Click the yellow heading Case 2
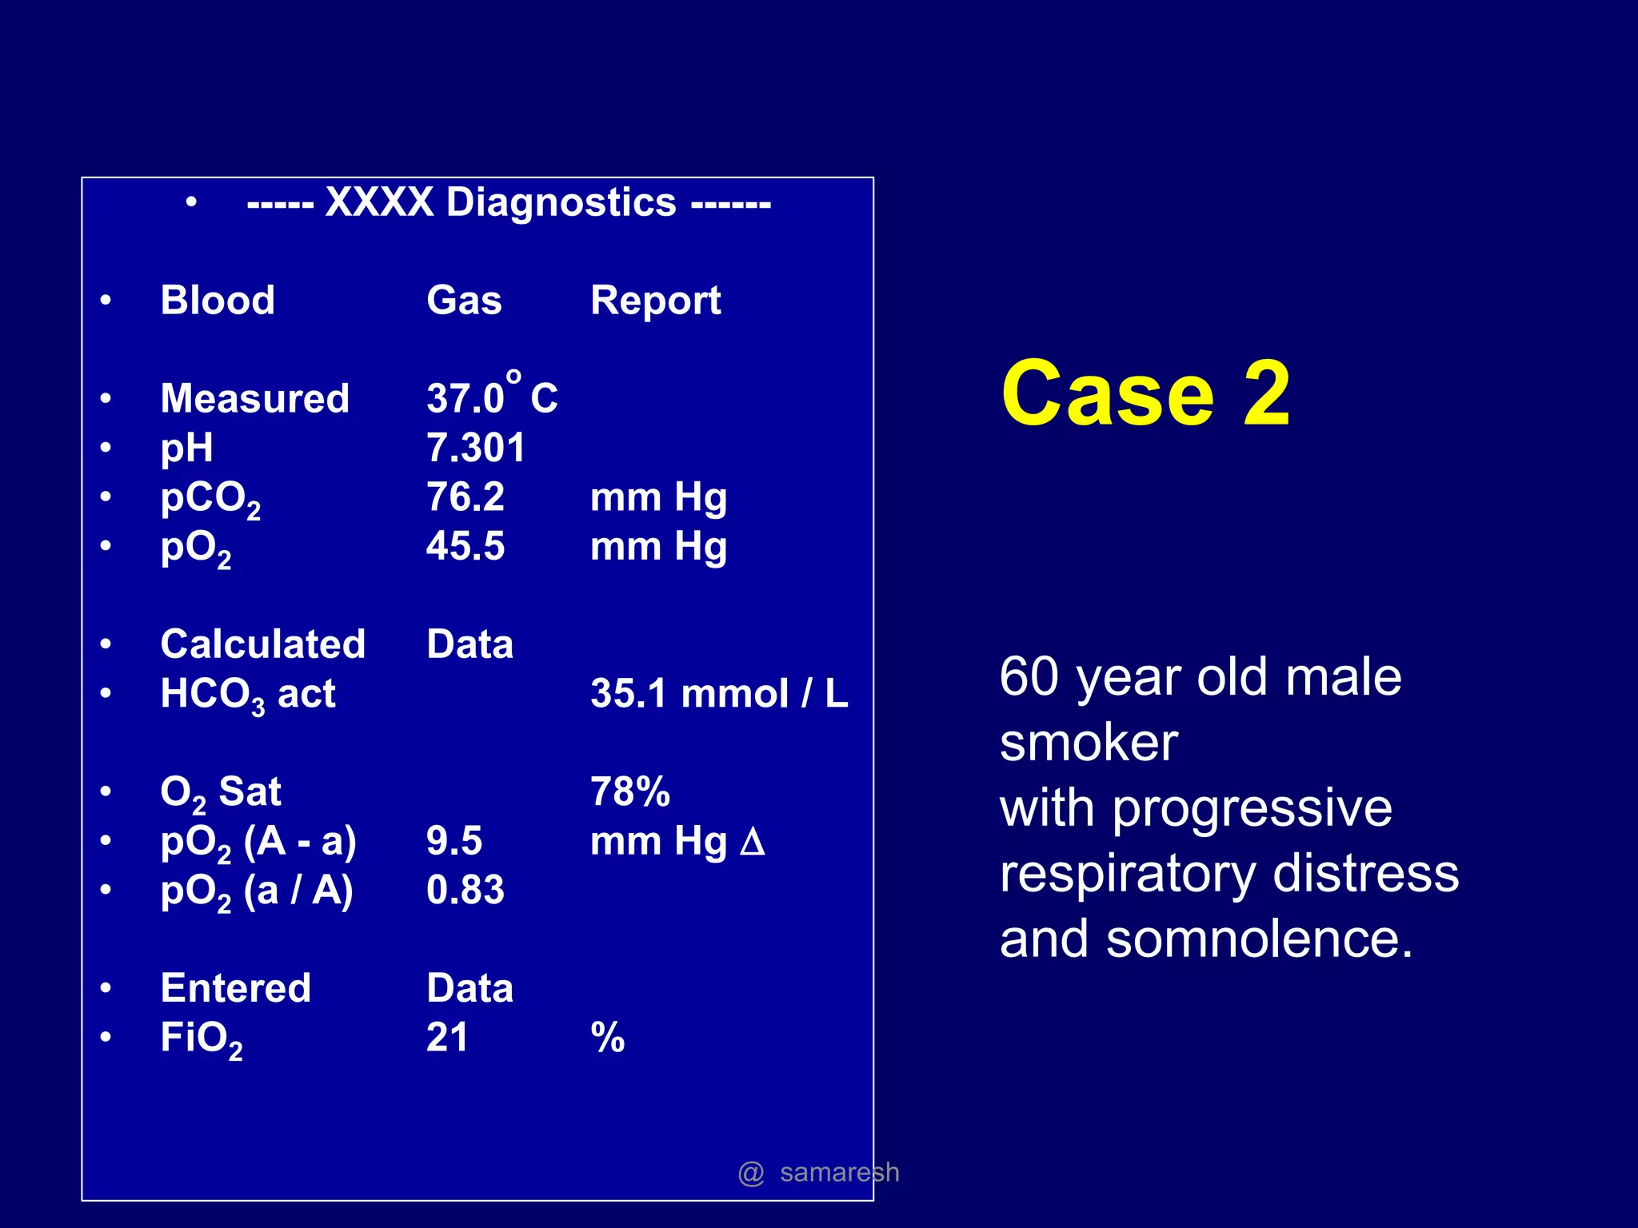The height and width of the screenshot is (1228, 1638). [x=1145, y=393]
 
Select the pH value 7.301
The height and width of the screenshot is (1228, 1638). [x=475, y=448]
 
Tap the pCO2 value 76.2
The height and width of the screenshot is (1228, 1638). [x=465, y=496]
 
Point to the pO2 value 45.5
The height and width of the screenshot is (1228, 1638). [x=465, y=546]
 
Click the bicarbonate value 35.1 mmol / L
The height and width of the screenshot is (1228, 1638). [x=718, y=693]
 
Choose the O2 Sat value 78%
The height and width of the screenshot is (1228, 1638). [x=629, y=791]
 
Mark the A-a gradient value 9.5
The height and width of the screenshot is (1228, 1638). [x=453, y=841]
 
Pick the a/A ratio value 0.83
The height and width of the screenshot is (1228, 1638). [x=465, y=890]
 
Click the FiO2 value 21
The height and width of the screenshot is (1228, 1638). [x=447, y=1037]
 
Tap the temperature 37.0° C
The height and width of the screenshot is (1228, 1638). [x=491, y=397]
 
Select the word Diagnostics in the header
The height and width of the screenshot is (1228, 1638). [x=561, y=202]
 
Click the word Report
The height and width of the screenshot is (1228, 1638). [x=655, y=301]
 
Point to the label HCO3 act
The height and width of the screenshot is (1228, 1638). [x=247, y=694]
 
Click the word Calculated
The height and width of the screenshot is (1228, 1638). [x=262, y=644]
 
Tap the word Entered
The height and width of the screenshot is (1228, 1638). [x=235, y=988]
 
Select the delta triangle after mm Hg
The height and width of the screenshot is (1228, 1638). [x=752, y=841]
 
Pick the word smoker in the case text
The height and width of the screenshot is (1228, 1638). [x=1089, y=743]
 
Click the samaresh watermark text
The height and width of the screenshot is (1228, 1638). [x=838, y=1172]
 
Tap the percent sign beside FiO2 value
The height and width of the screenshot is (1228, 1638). [x=607, y=1037]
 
